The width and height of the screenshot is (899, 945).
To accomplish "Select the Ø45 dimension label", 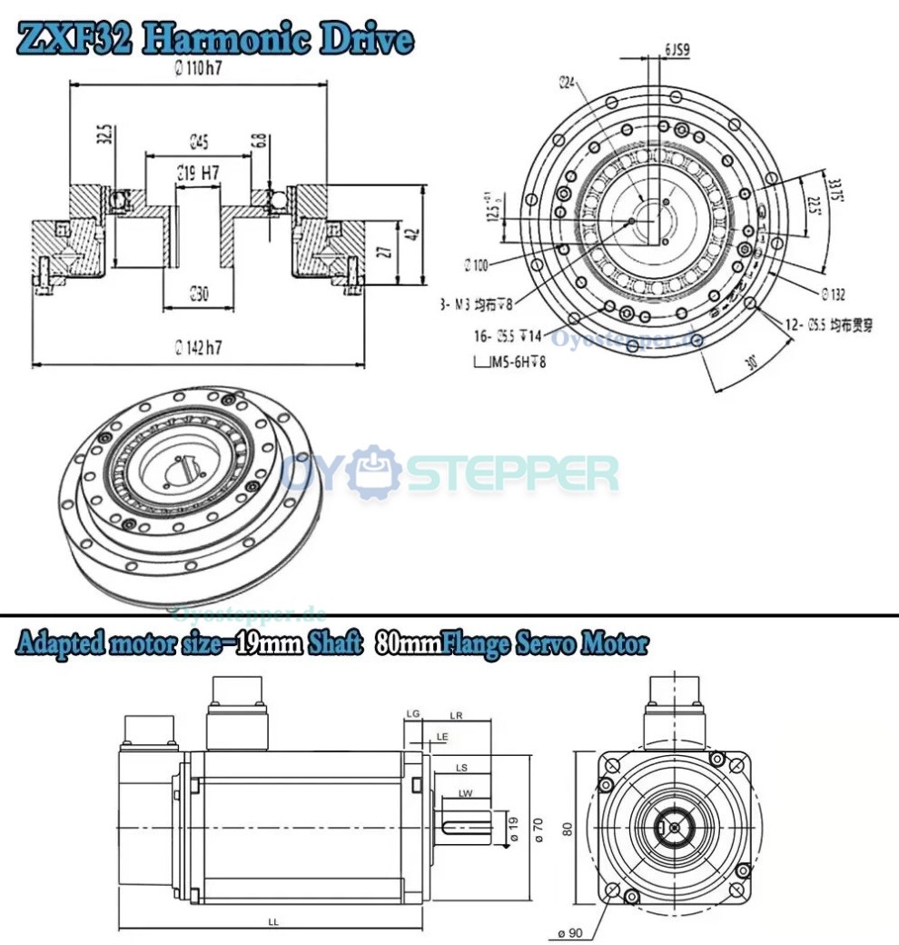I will (199, 141).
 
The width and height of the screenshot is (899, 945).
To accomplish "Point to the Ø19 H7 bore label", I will (198, 172).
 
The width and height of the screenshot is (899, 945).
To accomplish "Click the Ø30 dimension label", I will (199, 293).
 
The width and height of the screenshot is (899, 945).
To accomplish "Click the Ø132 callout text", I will (833, 294).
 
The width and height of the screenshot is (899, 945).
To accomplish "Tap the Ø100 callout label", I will (475, 265).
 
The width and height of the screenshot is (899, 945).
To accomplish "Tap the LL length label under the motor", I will (273, 921).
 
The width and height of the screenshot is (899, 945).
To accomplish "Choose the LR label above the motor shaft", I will (457, 716).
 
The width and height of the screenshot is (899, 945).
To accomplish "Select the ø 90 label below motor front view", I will (571, 932).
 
